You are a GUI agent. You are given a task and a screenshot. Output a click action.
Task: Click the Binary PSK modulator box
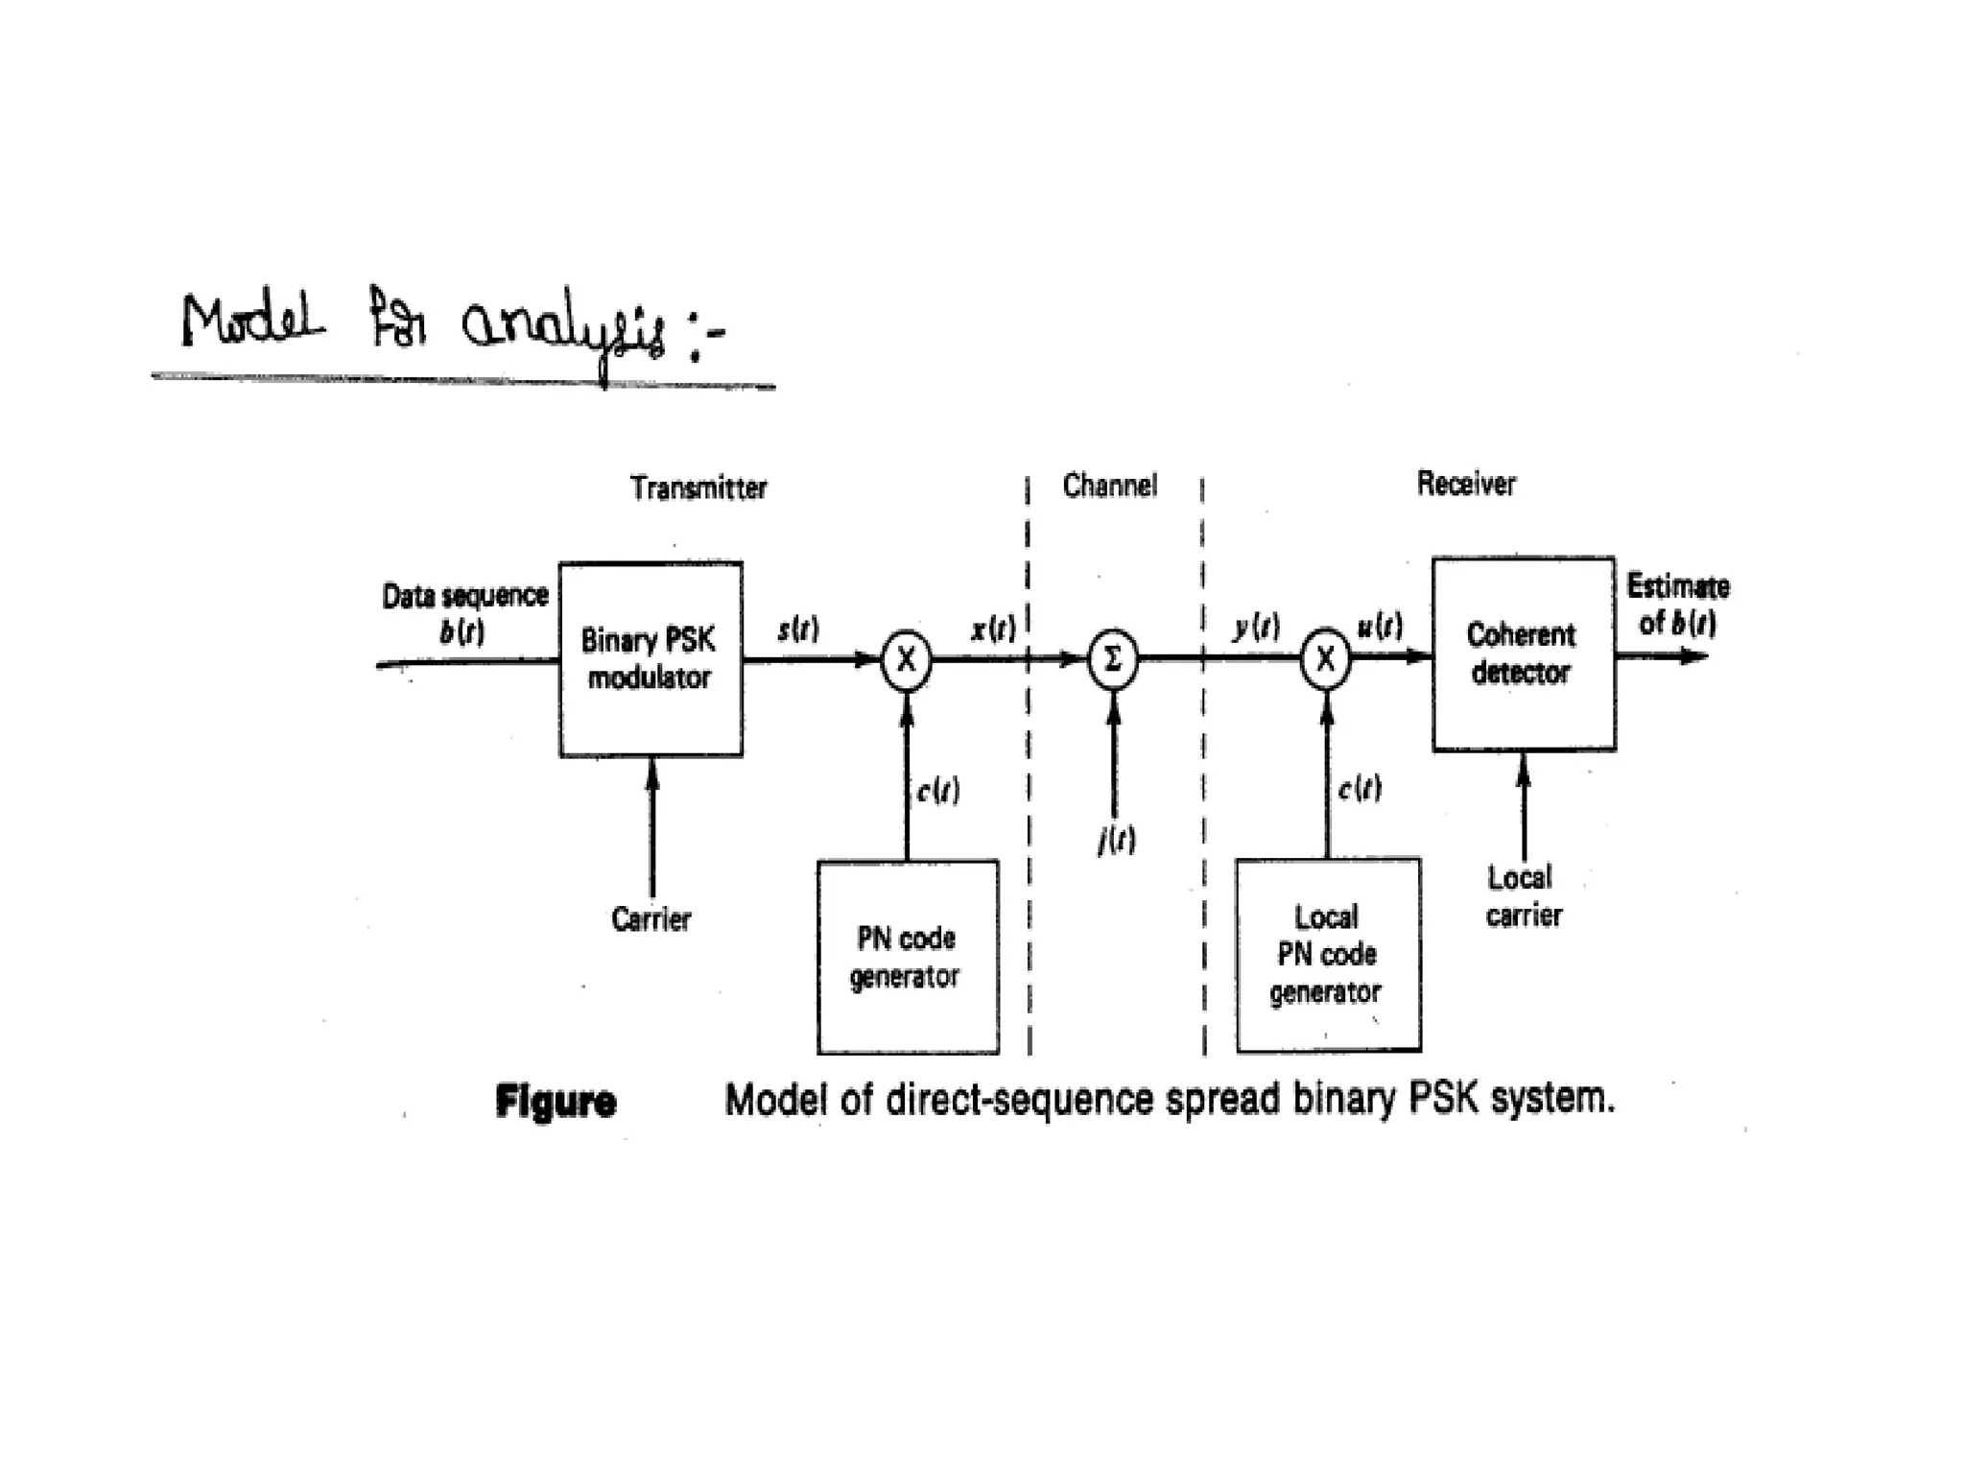[x=650, y=658]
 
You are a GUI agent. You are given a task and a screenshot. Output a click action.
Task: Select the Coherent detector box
[x=1523, y=654]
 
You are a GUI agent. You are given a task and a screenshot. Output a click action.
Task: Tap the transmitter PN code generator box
[x=907, y=957]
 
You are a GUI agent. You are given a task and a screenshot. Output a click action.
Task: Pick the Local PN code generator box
[x=1327, y=955]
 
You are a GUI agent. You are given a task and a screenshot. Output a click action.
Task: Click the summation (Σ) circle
[x=1112, y=659]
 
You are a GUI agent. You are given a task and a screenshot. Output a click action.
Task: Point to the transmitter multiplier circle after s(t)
[x=906, y=660]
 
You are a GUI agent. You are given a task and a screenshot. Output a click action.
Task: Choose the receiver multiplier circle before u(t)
[x=1325, y=659]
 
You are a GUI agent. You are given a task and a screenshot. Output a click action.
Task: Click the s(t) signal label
[x=797, y=630]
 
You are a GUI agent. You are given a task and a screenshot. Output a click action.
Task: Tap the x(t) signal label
[x=992, y=630]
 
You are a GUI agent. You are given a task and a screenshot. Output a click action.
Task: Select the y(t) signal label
[x=1256, y=628]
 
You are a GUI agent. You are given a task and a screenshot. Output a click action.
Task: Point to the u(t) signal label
[x=1380, y=627]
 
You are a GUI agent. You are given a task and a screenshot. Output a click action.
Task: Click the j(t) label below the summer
[x=1116, y=841]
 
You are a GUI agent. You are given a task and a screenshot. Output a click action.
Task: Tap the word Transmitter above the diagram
[x=698, y=488]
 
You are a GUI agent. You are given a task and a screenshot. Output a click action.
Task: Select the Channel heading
[x=1109, y=486]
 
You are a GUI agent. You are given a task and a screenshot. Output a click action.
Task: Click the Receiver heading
[x=1466, y=484]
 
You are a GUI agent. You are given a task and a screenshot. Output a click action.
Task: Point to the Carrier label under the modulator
[x=651, y=919]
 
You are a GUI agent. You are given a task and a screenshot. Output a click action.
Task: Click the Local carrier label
[x=1523, y=896]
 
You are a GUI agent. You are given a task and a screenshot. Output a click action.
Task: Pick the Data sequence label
[x=465, y=596]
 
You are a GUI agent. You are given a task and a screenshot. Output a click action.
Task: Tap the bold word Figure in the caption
[x=556, y=1101]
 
